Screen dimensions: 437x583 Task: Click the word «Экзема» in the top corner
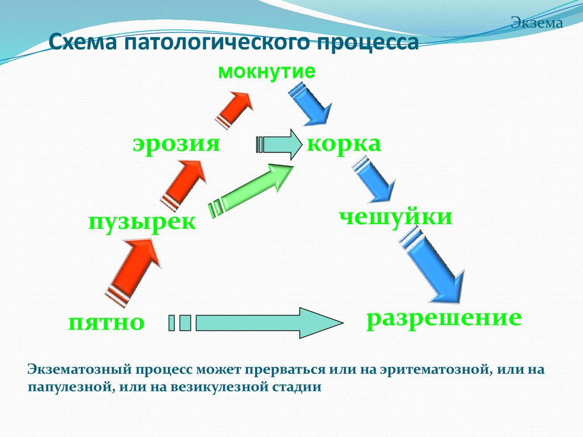click(536, 23)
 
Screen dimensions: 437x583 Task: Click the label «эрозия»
click(176, 143)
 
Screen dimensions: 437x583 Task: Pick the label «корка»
click(344, 143)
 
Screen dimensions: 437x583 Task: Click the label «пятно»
click(106, 322)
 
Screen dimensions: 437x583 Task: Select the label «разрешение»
click(444, 317)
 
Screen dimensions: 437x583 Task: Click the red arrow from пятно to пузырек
click(134, 267)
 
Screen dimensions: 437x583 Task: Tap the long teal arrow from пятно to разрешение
click(262, 323)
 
